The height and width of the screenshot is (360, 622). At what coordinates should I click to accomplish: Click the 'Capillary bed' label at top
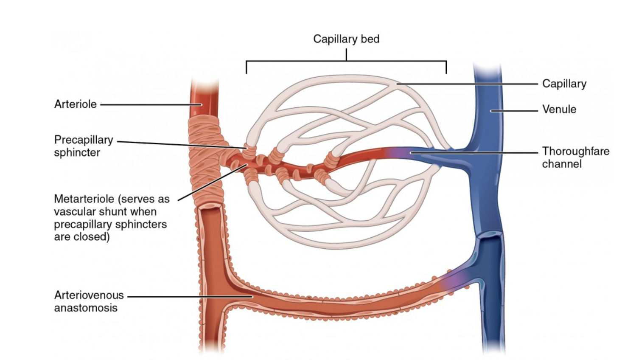click(x=346, y=39)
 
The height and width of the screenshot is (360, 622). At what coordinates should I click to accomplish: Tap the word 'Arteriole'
click(x=75, y=104)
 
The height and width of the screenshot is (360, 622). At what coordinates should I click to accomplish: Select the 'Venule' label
click(x=559, y=110)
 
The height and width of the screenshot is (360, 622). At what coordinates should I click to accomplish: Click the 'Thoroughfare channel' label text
click(x=575, y=157)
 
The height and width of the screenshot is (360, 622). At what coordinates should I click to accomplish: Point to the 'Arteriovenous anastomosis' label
click(x=89, y=301)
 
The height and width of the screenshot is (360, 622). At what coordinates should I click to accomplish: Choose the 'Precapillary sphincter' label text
click(x=83, y=146)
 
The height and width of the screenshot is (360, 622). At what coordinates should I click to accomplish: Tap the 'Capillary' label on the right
click(x=564, y=84)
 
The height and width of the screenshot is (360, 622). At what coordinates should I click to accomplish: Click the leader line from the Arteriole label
click(x=148, y=104)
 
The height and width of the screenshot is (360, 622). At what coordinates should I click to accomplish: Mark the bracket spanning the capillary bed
click(x=346, y=62)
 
